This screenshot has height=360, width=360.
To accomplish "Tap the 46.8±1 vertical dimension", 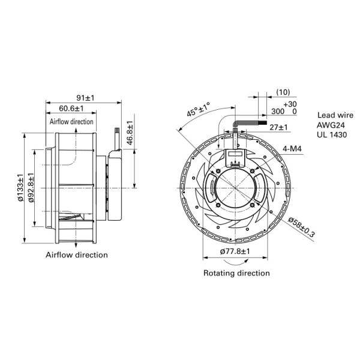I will (130, 133).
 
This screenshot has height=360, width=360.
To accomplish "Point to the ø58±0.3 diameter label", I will (301, 229).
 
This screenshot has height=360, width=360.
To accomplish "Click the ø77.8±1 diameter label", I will (233, 251).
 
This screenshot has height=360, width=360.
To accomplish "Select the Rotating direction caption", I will (236, 273).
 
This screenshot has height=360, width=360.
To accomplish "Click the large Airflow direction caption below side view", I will (77, 255).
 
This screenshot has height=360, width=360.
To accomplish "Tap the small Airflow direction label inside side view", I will (71, 121).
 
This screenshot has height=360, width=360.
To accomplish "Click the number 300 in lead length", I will (276, 112).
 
